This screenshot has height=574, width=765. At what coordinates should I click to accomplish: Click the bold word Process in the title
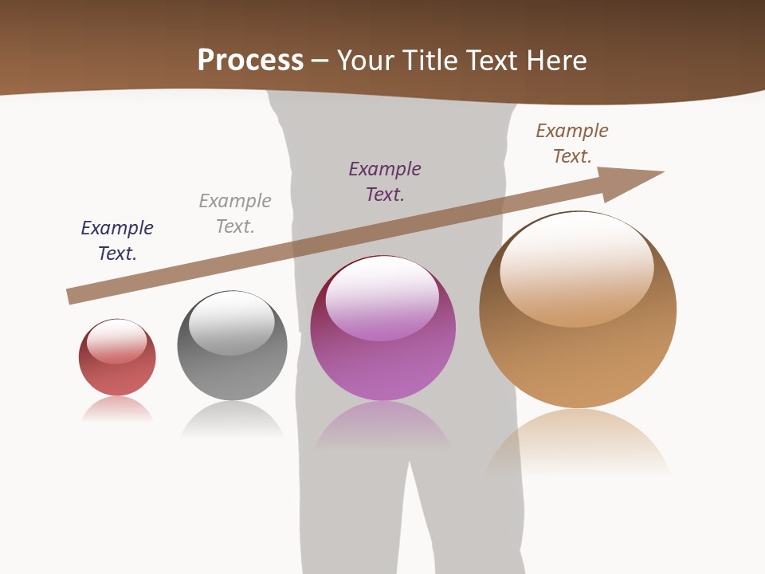pyautogui.click(x=250, y=60)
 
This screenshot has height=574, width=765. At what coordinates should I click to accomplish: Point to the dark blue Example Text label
pyautogui.click(x=117, y=240)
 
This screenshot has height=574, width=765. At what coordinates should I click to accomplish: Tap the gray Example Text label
pyautogui.click(x=235, y=213)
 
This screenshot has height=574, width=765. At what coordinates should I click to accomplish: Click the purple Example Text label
pyautogui.click(x=385, y=181)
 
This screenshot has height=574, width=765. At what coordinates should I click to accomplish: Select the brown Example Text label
pyautogui.click(x=572, y=143)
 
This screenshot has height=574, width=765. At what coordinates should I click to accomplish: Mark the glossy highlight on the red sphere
pyautogui.click(x=116, y=341)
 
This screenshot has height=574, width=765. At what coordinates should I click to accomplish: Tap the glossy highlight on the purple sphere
pyautogui.click(x=382, y=297)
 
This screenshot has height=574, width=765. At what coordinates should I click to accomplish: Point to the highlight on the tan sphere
pyautogui.click(x=576, y=267)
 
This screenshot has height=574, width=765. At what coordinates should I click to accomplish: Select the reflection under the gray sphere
pyautogui.click(x=232, y=418)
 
